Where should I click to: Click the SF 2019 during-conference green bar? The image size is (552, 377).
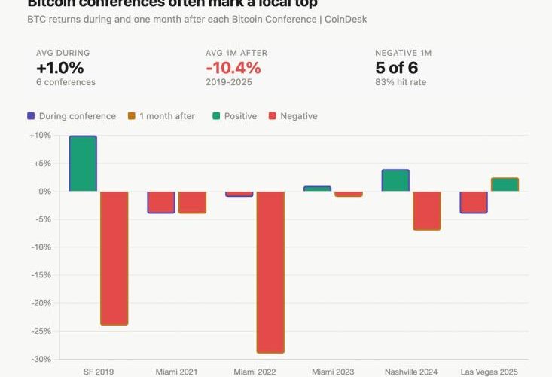tap(83, 164)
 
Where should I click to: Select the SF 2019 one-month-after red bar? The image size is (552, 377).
tap(114, 258)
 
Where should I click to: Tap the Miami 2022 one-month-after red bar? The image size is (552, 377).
tap(270, 271)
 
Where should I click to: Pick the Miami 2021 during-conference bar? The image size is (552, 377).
tap(161, 202)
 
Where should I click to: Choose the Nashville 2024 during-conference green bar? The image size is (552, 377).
tap(395, 180)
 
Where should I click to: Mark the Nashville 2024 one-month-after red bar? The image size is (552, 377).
tap(426, 210)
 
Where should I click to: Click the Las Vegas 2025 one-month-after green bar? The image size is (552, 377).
tap(505, 185)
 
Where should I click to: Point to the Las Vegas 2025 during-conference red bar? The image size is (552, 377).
tap(474, 202)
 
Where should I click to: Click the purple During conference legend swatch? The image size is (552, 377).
tap(31, 116)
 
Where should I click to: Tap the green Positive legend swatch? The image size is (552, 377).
tap(215, 116)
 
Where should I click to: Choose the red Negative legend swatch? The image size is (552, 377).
tap(271, 116)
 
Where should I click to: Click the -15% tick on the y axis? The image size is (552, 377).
tap(41, 275)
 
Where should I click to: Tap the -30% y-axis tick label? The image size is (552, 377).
tap(41, 359)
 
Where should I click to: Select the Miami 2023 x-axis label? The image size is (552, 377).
tap(333, 372)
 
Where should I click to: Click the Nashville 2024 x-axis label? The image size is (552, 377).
tap(410, 372)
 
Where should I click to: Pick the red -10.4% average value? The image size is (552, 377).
tap(233, 68)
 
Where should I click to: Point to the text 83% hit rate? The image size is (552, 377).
tap(401, 82)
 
